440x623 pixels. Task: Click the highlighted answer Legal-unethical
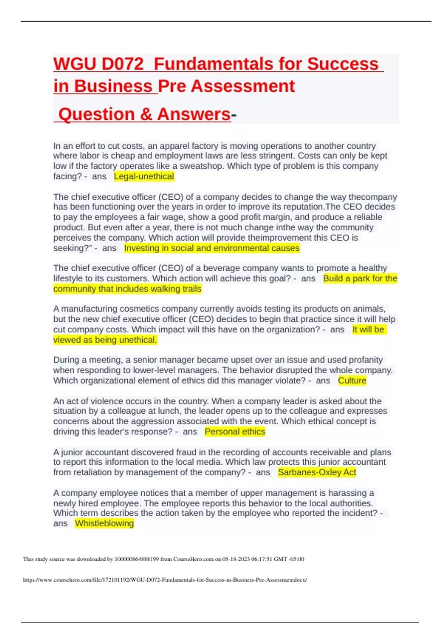coord(144,177)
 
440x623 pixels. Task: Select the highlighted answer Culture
coord(352,381)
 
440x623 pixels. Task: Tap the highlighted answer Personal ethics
coord(235,432)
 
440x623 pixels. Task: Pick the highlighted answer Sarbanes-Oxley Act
coord(317,472)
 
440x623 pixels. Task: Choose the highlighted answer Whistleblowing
coord(104,523)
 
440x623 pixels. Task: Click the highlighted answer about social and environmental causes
coord(212,248)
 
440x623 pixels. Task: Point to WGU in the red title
coord(75,64)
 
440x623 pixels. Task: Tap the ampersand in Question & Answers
coord(146,114)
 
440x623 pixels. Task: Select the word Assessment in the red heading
coord(243,86)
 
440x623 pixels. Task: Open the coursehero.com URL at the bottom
coord(165,580)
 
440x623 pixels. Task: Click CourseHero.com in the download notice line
coord(193,559)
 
